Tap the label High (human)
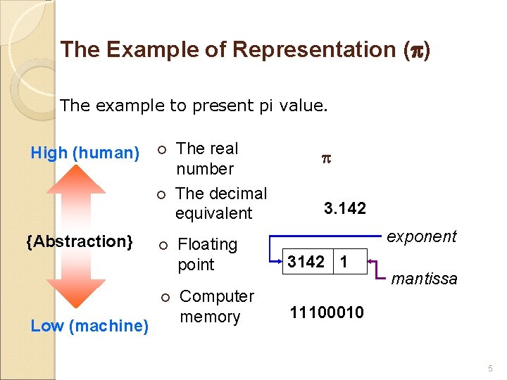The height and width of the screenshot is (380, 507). (85, 153)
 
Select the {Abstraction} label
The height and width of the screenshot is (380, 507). (80, 241)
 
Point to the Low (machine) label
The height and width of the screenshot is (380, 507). (89, 326)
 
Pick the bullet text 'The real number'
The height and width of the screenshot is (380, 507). (207, 158)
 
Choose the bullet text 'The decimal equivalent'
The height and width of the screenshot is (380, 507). (221, 203)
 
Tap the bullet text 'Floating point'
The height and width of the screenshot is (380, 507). (207, 254)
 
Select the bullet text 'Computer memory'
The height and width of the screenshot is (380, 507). (216, 306)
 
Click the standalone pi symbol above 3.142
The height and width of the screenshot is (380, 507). (325, 160)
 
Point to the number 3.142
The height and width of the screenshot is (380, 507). (344, 208)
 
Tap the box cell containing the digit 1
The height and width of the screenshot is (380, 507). (344, 262)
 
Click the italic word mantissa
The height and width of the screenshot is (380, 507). (424, 279)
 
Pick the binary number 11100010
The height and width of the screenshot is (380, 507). (327, 312)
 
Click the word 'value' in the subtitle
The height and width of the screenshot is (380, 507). (301, 106)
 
